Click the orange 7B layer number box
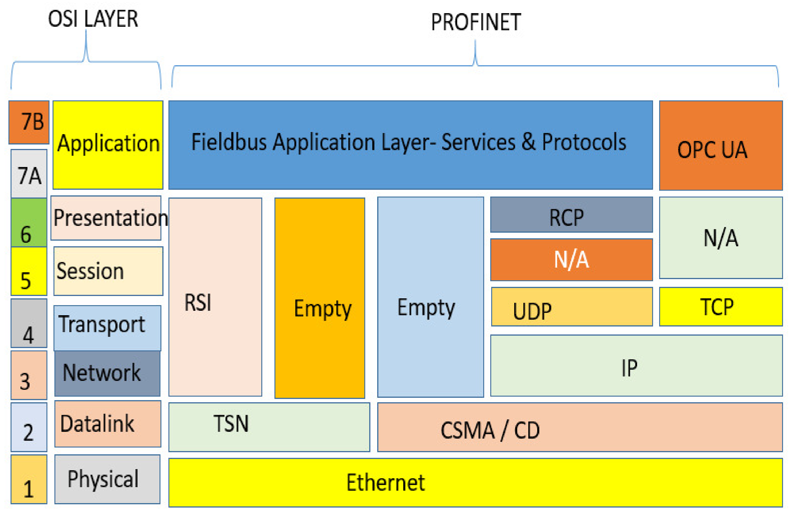coord(29,122)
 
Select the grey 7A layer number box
coord(29,173)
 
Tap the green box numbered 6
coord(29,222)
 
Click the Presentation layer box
coord(106,218)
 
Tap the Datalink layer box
coord(108,424)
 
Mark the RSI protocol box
coord(215,297)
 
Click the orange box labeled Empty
coord(319,298)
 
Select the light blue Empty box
coord(430,297)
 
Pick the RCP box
coord(571,215)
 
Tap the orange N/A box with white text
coord(571,259)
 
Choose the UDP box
coord(571,306)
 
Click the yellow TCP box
coord(721,306)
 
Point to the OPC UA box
coord(721,145)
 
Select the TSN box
coord(269,427)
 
